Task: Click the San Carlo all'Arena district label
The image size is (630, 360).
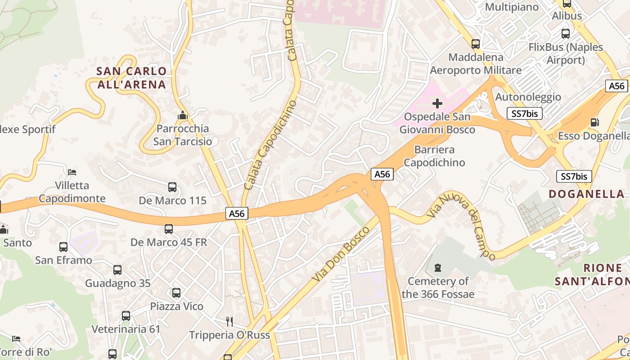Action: tap(131, 78)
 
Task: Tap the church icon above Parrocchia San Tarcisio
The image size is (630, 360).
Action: tap(182, 116)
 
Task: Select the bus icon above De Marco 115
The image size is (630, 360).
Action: tap(172, 187)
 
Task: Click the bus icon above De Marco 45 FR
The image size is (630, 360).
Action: tap(169, 229)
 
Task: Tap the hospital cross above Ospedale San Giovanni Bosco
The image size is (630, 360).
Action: tap(437, 104)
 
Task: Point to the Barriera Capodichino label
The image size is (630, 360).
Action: tap(434, 156)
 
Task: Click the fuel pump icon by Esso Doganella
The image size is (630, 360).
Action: tap(594, 122)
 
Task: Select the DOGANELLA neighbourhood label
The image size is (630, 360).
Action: tap(587, 194)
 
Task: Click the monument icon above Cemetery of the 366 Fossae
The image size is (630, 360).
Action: tap(438, 268)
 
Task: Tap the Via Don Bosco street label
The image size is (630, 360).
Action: tap(340, 255)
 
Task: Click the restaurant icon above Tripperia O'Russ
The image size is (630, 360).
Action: tap(229, 321)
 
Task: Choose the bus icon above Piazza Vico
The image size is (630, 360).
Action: tap(176, 293)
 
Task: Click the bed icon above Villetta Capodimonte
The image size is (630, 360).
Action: tap(72, 172)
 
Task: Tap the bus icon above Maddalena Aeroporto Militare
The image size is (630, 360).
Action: tap(476, 44)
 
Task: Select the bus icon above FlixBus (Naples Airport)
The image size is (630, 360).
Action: tap(566, 34)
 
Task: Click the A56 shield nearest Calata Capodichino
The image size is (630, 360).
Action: tap(237, 214)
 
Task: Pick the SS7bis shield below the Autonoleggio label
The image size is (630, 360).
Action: tap(524, 113)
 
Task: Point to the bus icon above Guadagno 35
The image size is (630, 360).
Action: tap(117, 270)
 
